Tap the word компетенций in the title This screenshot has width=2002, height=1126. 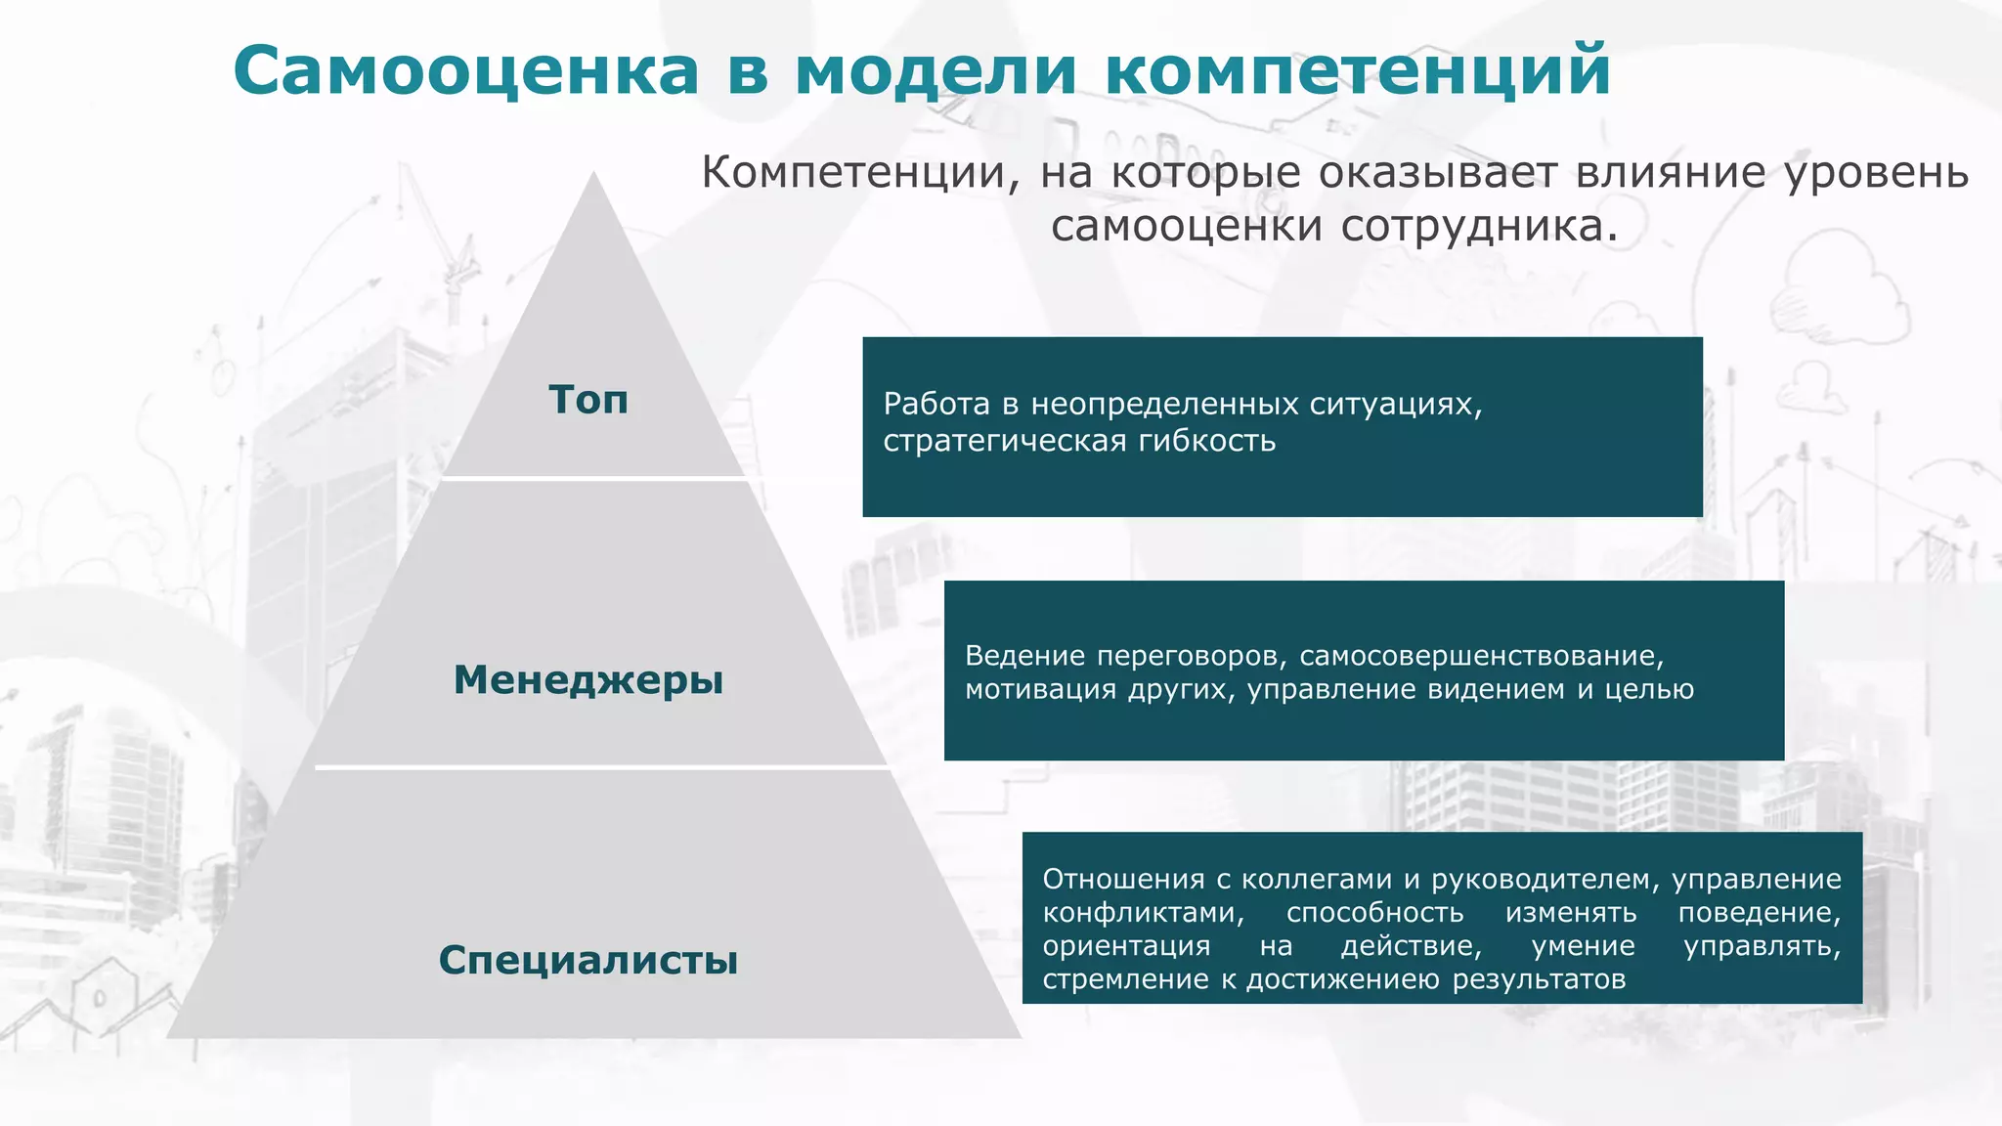tap(1358, 71)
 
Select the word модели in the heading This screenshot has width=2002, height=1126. tap(936, 71)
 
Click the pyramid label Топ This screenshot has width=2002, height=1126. tap(588, 400)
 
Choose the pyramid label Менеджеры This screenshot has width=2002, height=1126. tap(588, 680)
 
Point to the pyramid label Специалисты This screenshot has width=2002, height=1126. tap(588, 960)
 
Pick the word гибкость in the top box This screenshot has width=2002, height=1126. tap(1207, 441)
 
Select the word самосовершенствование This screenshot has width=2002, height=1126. tap(1481, 656)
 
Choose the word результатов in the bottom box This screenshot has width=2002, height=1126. tap(1539, 979)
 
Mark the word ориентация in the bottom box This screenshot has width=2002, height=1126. tap(1126, 946)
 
